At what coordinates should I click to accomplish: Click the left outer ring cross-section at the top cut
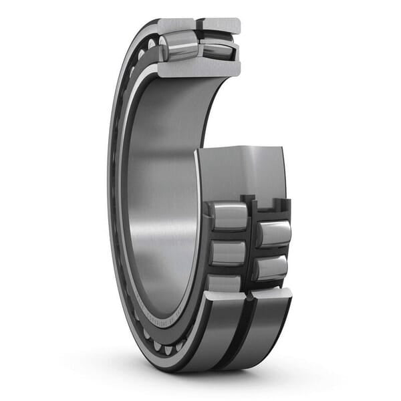coord(175,25)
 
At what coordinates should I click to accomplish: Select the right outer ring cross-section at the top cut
coord(221,25)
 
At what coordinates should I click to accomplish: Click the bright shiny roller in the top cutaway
coord(179,47)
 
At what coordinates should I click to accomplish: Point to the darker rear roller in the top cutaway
coord(217,49)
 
